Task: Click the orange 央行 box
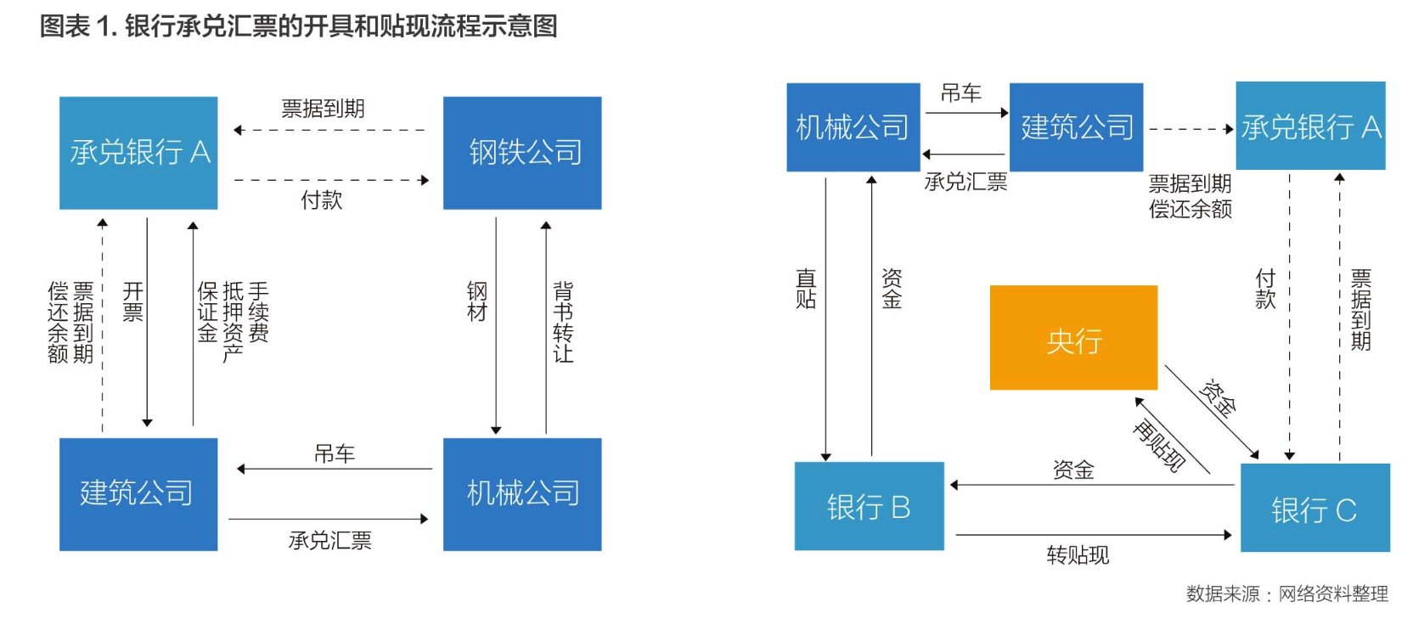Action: (1073, 338)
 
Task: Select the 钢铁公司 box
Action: (522, 153)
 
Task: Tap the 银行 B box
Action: (869, 506)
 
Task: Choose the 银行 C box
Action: (1314, 508)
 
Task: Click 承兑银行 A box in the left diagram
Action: (138, 153)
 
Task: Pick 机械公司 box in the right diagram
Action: (853, 127)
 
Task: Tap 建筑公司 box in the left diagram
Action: (138, 494)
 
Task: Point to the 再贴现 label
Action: (1159, 445)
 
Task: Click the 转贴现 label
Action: (1078, 555)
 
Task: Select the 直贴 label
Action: (806, 289)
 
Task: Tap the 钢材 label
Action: (477, 302)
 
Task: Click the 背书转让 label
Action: (563, 323)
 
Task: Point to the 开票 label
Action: (133, 302)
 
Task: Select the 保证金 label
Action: (208, 312)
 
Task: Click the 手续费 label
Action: (258, 312)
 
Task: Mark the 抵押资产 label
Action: (233, 323)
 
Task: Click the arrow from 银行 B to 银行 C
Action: (1093, 535)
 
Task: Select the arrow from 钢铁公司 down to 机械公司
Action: (496, 323)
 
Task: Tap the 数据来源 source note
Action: (1286, 593)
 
